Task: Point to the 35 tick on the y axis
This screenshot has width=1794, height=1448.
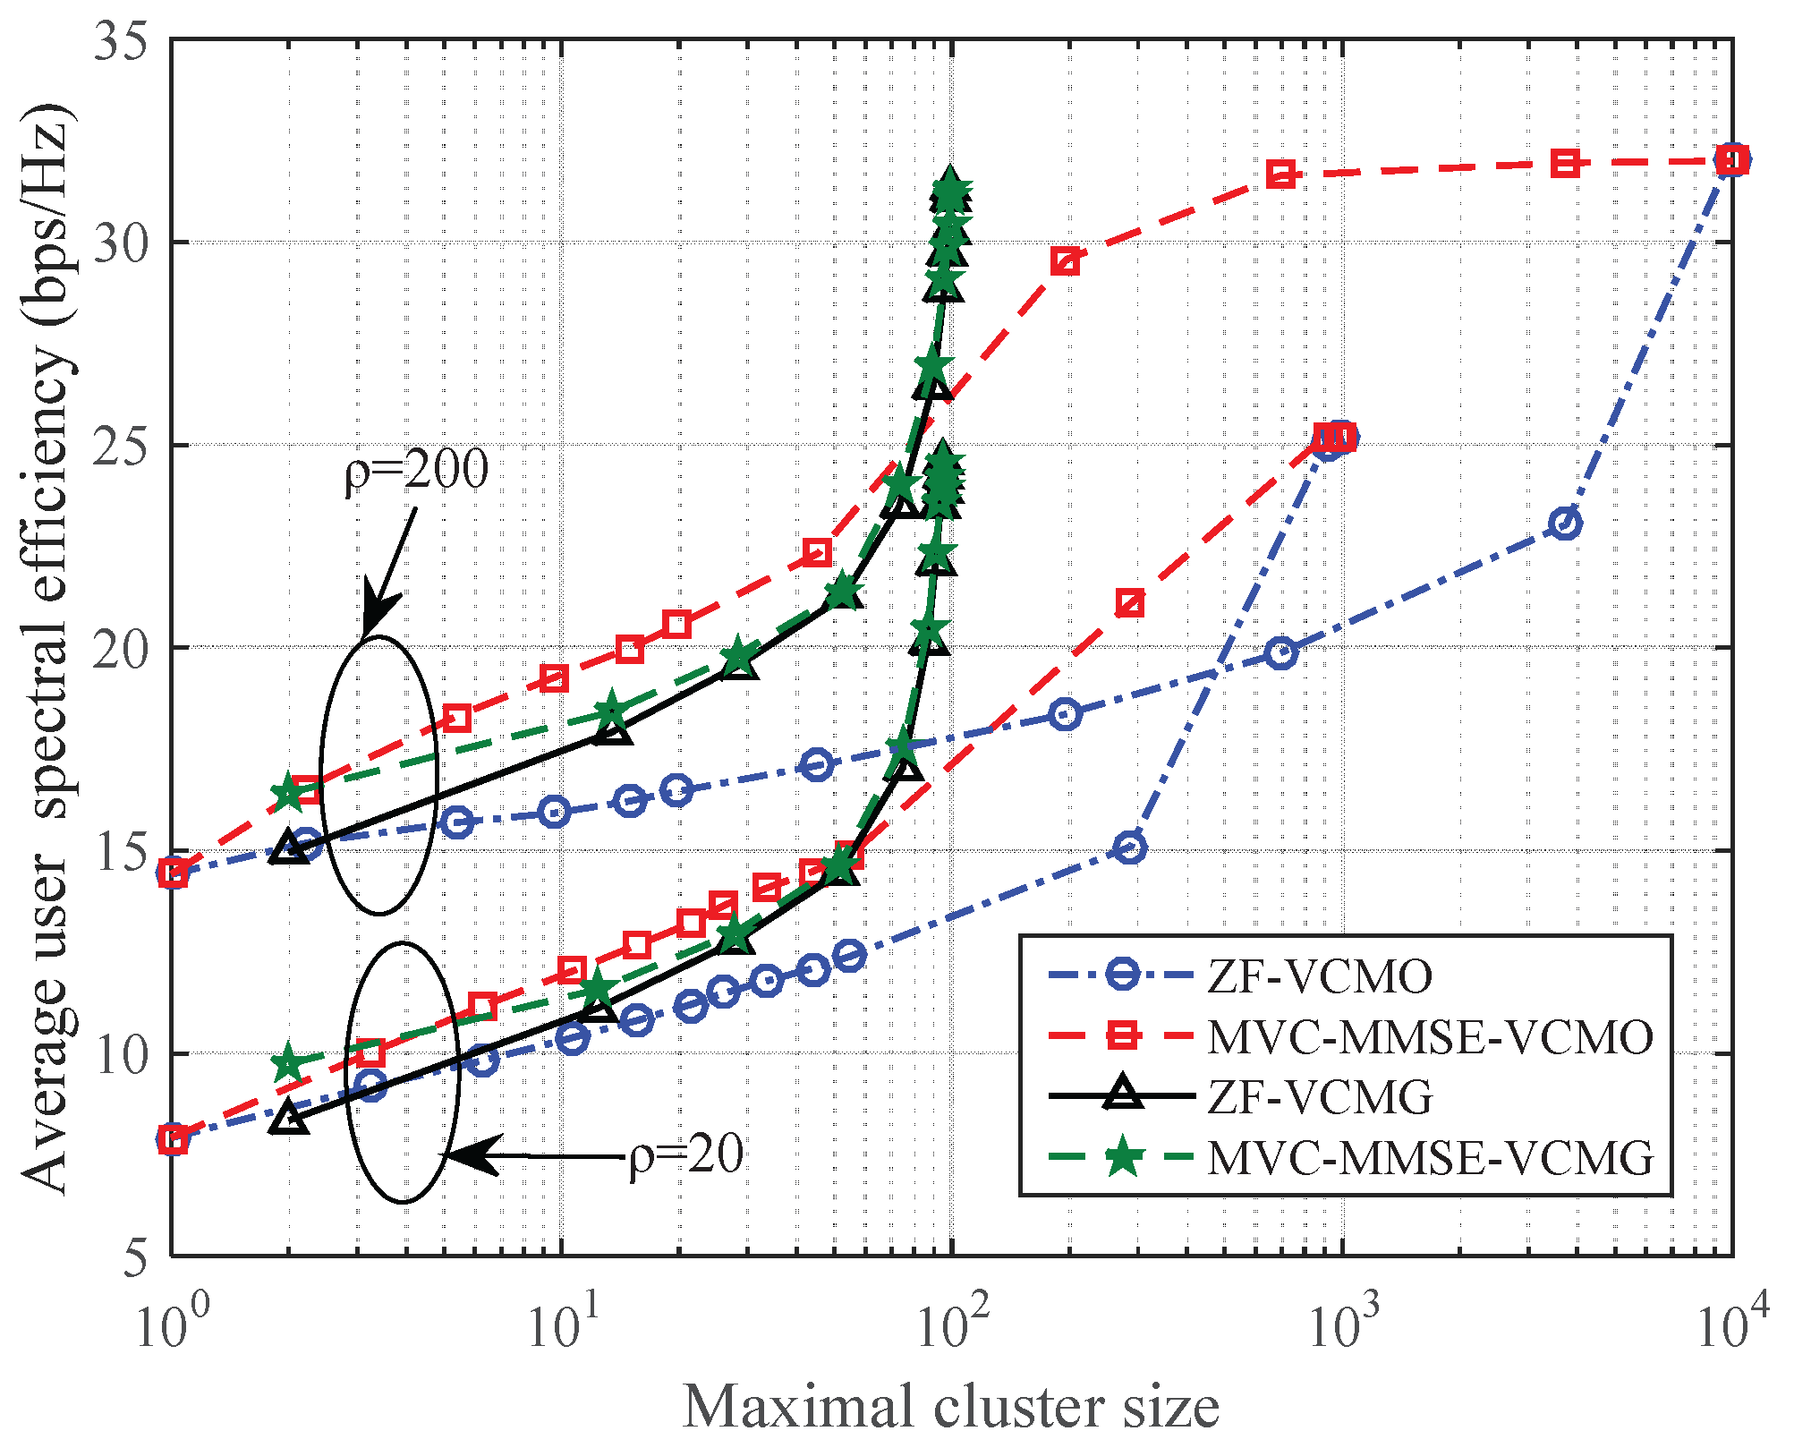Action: [120, 42]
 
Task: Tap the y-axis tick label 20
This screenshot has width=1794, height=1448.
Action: [120, 649]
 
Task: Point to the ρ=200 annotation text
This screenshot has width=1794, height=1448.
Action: [417, 470]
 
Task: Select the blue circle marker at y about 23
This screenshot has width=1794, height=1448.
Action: [1565, 524]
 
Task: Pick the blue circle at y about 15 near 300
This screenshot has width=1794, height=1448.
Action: [1131, 848]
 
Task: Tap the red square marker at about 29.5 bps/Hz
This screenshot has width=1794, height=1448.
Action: [1065, 262]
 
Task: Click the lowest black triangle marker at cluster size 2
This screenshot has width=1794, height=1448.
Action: [287, 1117]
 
